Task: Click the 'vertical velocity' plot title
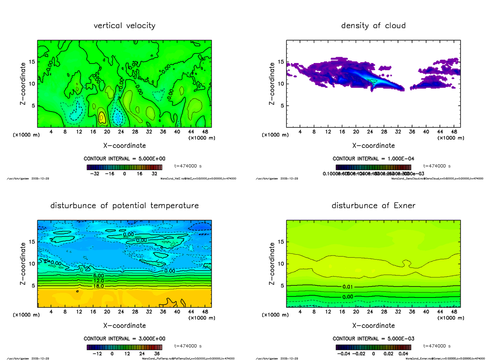[124, 26]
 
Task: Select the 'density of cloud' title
[373, 26]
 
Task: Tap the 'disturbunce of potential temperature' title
[124, 206]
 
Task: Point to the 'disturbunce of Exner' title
[373, 206]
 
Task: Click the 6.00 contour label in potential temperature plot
[98, 276]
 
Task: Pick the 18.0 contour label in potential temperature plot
[98, 286]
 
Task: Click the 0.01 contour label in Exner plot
[348, 287]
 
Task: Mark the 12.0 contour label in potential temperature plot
[98, 281]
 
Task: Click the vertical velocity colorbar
[124, 167]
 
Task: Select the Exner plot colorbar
[373, 347]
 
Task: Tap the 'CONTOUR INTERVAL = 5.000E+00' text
[124, 159]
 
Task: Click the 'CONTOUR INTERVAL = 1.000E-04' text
[373, 159]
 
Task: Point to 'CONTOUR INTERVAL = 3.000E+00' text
[124, 339]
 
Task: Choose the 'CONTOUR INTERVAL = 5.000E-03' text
[373, 339]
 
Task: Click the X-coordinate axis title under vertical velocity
[124, 146]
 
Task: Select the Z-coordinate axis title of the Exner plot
[272, 264]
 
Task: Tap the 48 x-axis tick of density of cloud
[454, 132]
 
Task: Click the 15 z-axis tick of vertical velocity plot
[32, 62]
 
